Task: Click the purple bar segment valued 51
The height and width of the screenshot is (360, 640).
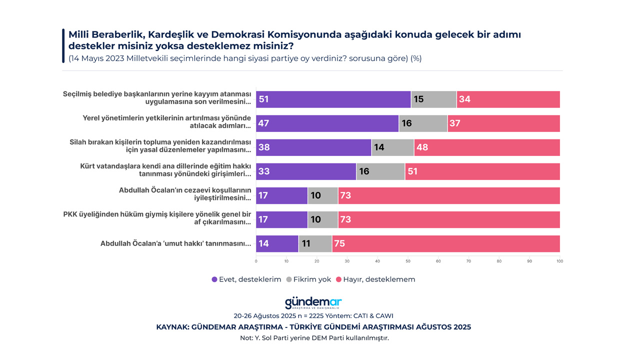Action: click(x=333, y=99)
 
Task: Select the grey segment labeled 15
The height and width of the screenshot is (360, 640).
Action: click(x=433, y=99)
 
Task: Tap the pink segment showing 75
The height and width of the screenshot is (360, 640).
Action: click(x=446, y=243)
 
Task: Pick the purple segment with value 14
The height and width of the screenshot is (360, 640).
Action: click(x=277, y=243)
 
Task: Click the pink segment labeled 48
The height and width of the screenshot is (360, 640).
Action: click(x=487, y=147)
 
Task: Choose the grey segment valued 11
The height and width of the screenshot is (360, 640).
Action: click(x=315, y=243)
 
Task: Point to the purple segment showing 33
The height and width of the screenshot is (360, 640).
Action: click(x=306, y=171)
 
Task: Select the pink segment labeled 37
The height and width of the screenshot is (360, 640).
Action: click(x=503, y=123)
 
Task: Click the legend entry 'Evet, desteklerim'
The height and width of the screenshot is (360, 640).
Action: click(x=246, y=279)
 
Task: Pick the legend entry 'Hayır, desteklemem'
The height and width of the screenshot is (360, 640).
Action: click(x=375, y=279)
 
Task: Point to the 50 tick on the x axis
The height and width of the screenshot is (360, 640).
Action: click(x=408, y=261)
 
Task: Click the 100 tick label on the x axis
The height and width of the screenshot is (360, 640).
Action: click(x=559, y=261)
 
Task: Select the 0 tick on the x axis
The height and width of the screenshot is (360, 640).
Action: click(x=256, y=261)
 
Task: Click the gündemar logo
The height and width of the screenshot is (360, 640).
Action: click(x=313, y=303)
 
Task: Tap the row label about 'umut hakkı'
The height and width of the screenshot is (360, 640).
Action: click(x=175, y=243)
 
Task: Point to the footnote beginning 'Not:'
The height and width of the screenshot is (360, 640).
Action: click(x=314, y=338)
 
